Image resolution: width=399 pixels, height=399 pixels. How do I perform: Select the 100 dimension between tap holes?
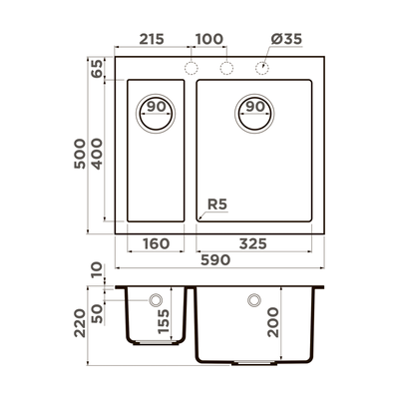tap(207, 39)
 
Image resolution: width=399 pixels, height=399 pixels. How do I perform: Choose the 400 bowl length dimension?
tap(96, 152)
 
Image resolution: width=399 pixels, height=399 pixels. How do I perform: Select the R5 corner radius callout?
tap(217, 206)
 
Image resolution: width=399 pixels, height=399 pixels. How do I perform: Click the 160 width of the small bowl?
tap(155, 244)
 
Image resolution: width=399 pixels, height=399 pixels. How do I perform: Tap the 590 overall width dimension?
tap(216, 260)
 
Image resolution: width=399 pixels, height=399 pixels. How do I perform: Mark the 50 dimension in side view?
tap(96, 312)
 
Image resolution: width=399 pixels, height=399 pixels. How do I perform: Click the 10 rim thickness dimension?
tap(96, 271)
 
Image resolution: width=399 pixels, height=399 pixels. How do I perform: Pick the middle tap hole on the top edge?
tap(225, 67)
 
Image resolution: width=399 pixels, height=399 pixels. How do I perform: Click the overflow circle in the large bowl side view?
tap(253, 299)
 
